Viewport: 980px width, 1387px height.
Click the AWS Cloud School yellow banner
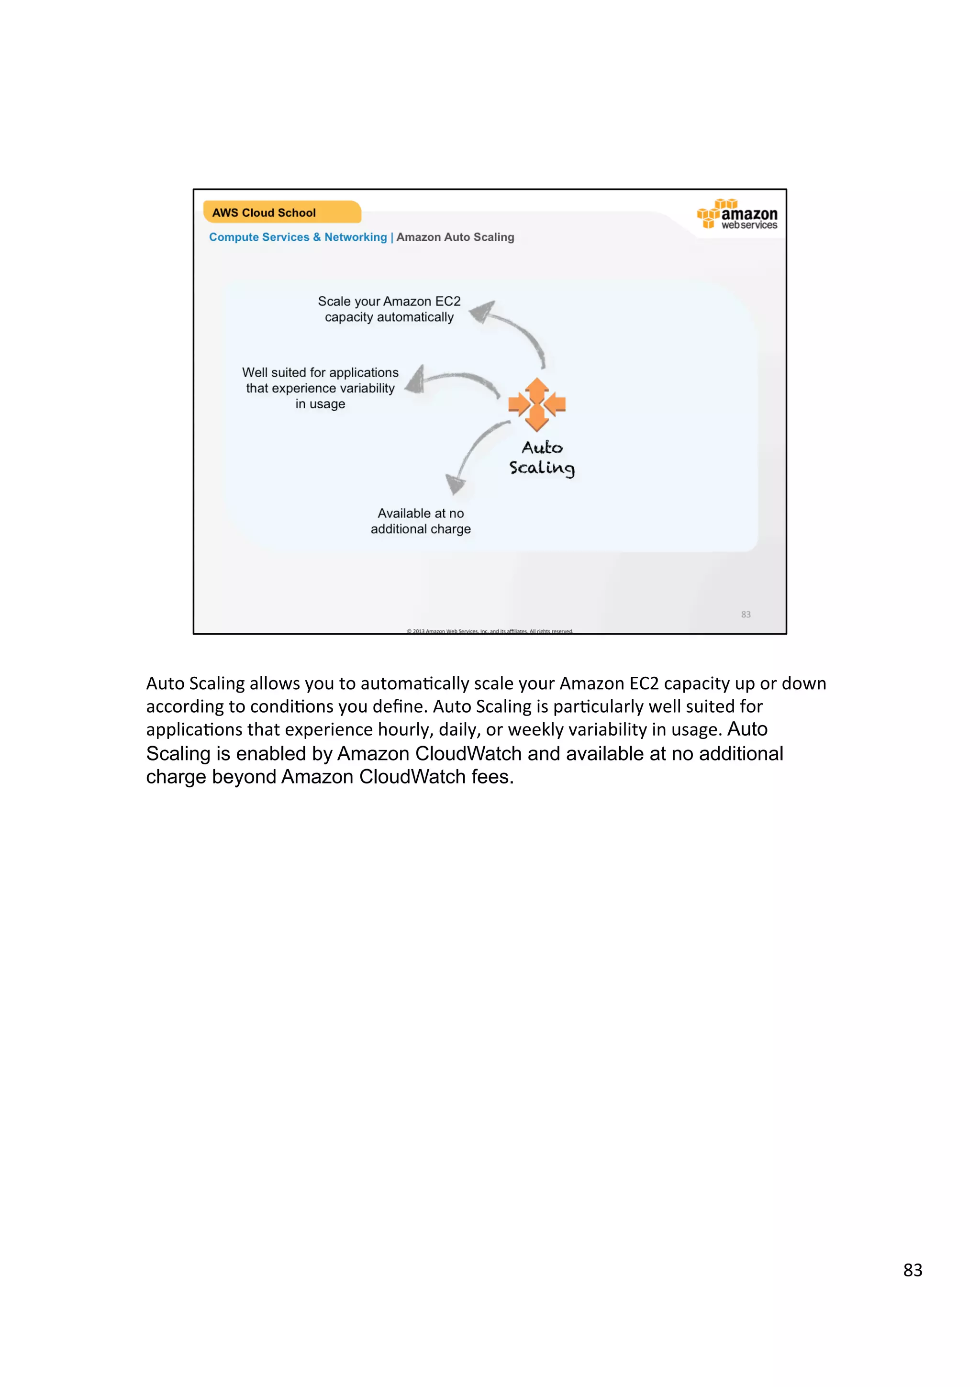281,212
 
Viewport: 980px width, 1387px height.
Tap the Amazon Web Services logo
737,214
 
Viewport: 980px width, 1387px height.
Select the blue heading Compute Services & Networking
298,237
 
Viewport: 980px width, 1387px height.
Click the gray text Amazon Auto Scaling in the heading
455,237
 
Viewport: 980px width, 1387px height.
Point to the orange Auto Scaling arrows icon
537,403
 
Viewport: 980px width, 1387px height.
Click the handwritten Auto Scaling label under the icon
542,457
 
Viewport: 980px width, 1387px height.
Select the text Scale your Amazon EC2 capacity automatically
389,309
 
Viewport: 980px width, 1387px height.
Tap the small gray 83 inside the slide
746,615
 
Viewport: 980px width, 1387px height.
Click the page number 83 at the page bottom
913,1270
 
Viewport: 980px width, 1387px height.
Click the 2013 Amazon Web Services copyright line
490,631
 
